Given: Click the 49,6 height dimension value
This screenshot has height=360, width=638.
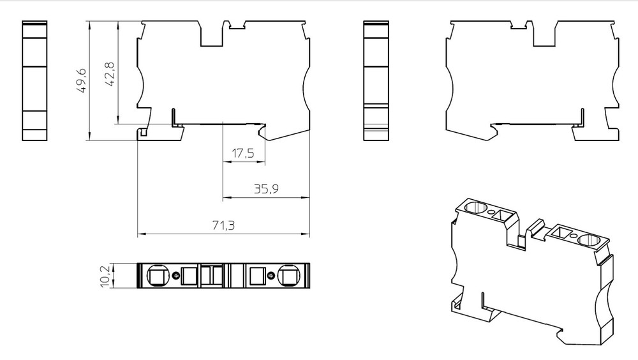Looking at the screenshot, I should click(x=82, y=82).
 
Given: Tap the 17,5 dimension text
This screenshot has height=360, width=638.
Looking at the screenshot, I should click(x=242, y=153).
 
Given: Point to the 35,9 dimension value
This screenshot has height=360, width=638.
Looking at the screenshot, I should click(x=265, y=189).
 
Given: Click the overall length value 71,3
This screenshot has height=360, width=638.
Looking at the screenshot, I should click(x=223, y=225).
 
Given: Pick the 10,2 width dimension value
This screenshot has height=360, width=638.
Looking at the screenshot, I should click(x=105, y=276).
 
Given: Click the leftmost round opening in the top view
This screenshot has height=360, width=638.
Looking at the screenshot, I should click(x=155, y=276).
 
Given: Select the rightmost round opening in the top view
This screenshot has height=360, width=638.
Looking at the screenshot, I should click(x=287, y=276).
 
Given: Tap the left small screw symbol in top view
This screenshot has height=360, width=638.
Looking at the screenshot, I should click(x=176, y=276).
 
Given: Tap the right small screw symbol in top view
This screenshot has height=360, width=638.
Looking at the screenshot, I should click(x=271, y=276).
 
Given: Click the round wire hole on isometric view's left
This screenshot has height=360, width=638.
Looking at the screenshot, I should click(x=474, y=207).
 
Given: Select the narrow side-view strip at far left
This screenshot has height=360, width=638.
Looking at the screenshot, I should click(x=34, y=81).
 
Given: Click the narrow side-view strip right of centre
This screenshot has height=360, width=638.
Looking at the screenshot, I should click(x=376, y=81).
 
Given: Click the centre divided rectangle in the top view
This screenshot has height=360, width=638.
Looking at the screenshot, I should click(x=211, y=276).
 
